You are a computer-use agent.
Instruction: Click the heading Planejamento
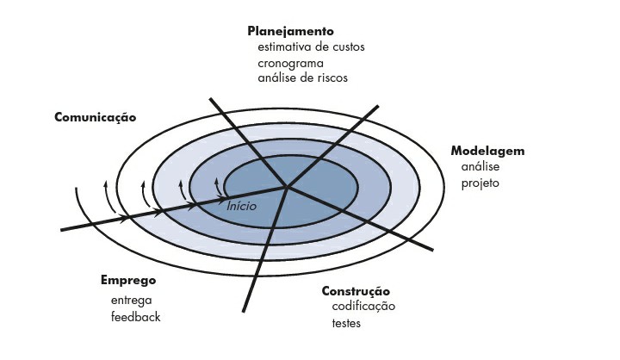click(290, 31)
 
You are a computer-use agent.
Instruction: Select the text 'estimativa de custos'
click(311, 47)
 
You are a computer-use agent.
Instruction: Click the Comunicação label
click(95, 116)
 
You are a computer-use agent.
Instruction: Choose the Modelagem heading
click(487, 151)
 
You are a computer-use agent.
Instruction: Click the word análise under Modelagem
click(480, 166)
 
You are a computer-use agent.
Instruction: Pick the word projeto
click(480, 183)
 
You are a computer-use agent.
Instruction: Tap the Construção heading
click(356, 291)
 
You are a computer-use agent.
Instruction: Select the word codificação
click(363, 307)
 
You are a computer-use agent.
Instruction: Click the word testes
click(346, 324)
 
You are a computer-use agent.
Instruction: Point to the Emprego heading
click(127, 281)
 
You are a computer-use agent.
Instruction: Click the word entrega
click(132, 300)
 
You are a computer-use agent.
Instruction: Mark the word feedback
click(135, 317)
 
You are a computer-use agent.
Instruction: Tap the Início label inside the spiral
click(242, 208)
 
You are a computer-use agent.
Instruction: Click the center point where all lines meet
click(287, 186)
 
